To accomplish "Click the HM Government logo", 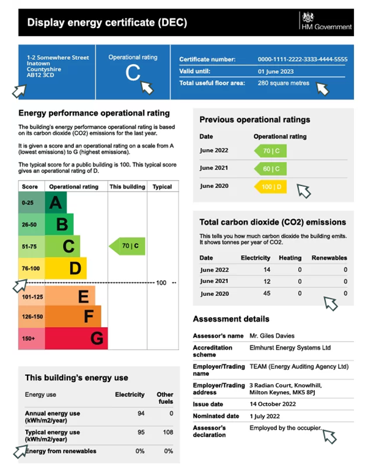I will click(326, 21).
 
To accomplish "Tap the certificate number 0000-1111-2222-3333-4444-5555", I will click(303, 59).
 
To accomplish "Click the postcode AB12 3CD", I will click(40, 76).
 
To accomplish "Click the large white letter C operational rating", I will click(133, 73).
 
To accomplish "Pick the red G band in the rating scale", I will click(96, 337).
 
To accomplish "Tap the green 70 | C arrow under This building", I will click(127, 247).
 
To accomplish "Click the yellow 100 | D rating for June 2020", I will click(270, 187).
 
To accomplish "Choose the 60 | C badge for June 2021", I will click(270, 168).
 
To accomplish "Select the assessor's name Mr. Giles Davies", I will click(271, 336).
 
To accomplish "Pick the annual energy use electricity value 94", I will click(141, 414).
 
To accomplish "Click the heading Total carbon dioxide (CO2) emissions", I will click(273, 222).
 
